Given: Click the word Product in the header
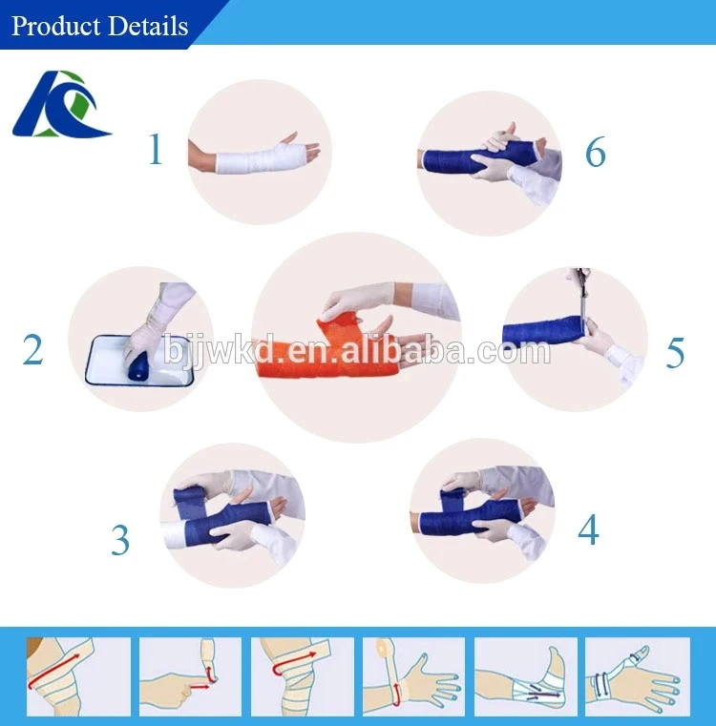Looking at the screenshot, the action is [x=55, y=26].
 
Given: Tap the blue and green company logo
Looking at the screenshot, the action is [x=61, y=104].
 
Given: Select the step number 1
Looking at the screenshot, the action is [x=156, y=149].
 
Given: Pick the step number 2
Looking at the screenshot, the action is [x=32, y=349].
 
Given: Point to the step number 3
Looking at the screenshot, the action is [x=120, y=539].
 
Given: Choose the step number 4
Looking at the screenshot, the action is [x=588, y=529].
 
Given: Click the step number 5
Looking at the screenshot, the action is [x=675, y=352].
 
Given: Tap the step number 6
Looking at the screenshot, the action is [x=596, y=152].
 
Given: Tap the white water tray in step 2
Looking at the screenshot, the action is [x=139, y=361].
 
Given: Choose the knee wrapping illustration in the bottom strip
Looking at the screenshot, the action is [x=303, y=676].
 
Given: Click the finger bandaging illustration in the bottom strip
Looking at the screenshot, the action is [x=190, y=676].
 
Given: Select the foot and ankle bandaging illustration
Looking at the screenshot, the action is [x=525, y=676].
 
